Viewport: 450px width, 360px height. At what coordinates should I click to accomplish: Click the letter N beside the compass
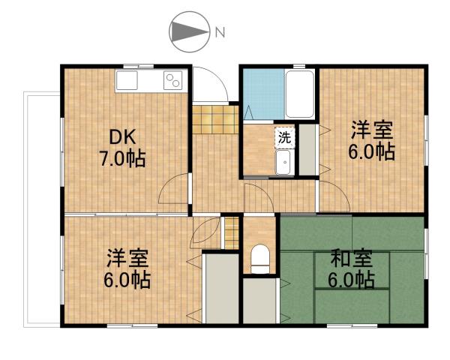click(220, 31)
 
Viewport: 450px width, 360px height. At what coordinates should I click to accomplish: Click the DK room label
click(121, 136)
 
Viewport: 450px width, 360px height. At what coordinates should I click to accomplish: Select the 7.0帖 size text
click(121, 159)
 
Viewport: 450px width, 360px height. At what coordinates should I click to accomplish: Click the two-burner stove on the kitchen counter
click(173, 79)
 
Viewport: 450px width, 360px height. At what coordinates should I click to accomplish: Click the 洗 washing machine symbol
click(284, 136)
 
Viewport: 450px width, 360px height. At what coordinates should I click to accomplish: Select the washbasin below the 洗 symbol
click(284, 163)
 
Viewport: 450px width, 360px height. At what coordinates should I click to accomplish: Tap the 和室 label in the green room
click(351, 260)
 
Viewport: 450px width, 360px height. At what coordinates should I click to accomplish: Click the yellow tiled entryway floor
click(214, 118)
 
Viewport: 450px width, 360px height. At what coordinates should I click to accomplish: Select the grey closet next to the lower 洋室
click(220, 289)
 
